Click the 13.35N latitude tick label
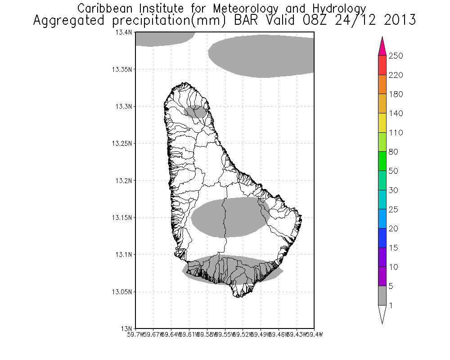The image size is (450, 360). (122, 70)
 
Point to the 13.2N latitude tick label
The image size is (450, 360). (124, 180)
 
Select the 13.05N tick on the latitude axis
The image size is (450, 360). (122, 292)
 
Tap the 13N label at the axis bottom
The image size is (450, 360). (127, 328)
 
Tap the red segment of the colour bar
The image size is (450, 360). (382, 65)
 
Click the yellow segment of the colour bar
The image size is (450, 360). (382, 123)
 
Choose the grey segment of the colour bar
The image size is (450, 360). (382, 295)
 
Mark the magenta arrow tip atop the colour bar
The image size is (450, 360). (382, 41)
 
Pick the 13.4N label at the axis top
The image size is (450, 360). (124, 33)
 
